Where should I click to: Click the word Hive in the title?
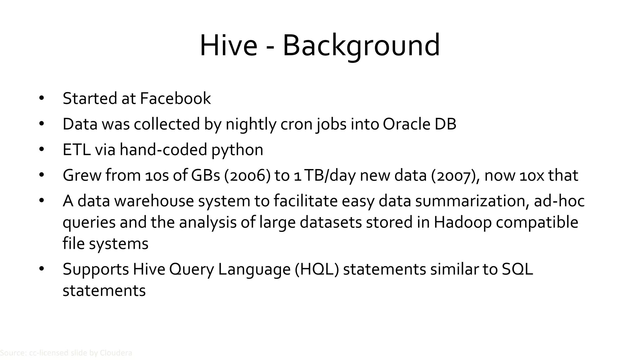click(228, 46)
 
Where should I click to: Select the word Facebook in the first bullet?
click(175, 98)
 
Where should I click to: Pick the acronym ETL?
click(77, 150)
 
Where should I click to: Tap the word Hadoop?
click(462, 222)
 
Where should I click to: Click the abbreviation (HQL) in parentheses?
click(317, 269)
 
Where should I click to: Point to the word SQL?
click(517, 269)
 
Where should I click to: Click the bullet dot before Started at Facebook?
click(42, 98)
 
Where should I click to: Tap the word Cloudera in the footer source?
click(116, 353)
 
